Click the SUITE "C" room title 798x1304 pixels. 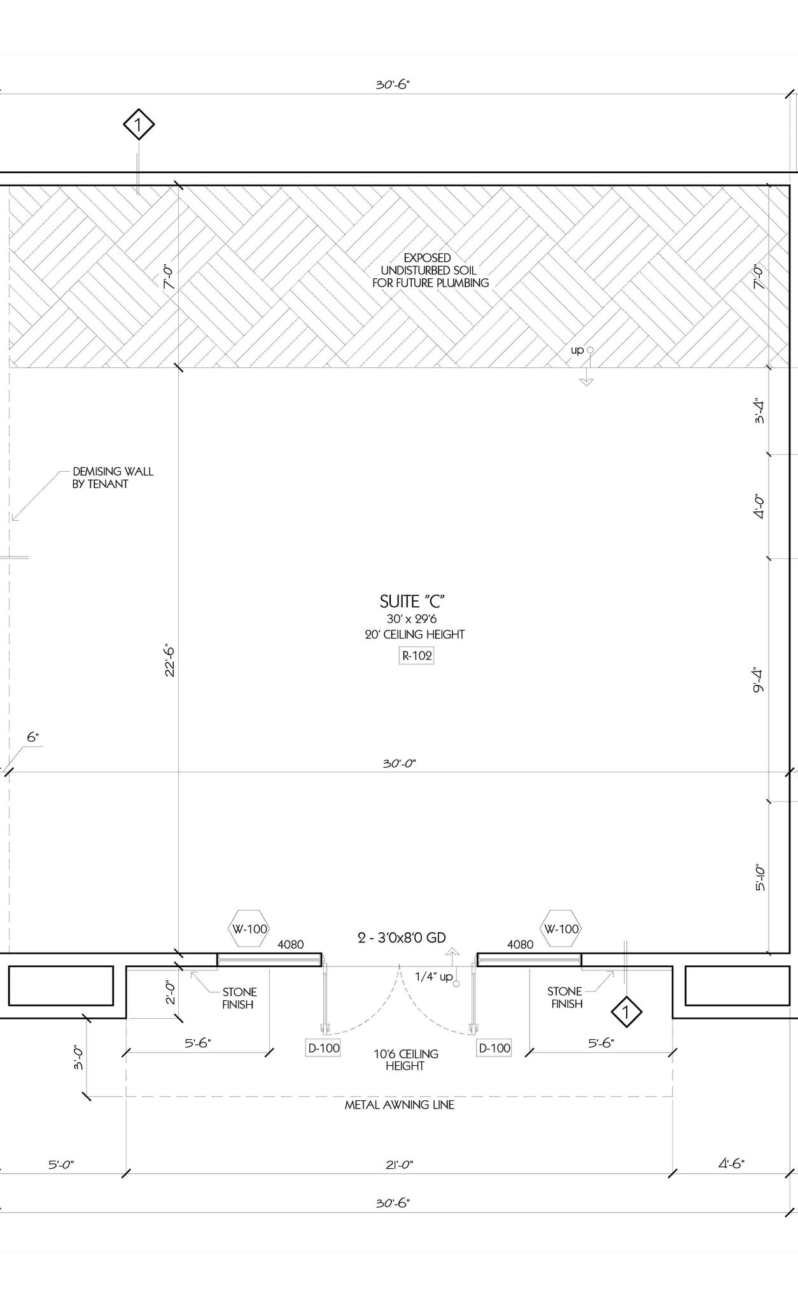(412, 602)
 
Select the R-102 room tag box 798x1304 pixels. (416, 656)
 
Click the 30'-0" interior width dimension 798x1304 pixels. (399, 763)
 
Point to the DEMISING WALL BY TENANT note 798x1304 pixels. (113, 478)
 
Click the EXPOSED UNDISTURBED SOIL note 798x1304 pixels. (430, 271)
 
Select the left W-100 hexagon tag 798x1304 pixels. (249, 929)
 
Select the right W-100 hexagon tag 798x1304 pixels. (561, 929)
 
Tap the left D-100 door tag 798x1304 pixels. (323, 1048)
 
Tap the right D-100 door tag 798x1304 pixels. (494, 1048)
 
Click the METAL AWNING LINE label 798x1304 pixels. (399, 1105)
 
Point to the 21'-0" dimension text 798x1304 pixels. (399, 1165)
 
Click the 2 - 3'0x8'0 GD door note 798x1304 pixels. (402, 938)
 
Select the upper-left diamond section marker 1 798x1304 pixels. (139, 124)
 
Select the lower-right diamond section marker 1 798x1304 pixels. (626, 1012)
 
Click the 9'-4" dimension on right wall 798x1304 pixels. (758, 680)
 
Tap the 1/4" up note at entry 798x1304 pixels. (433, 977)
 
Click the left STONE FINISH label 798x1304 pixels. (239, 998)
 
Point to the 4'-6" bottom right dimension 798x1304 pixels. (731, 1164)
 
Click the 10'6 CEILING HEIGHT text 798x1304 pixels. (405, 1059)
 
